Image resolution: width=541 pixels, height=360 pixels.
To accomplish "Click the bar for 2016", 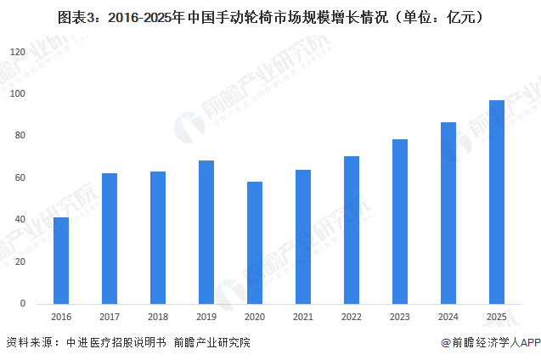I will point(61,261).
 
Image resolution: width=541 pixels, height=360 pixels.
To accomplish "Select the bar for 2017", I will point(110,239).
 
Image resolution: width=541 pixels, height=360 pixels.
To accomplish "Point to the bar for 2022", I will point(352,230).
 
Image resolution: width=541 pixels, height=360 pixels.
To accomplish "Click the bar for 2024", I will point(448,213).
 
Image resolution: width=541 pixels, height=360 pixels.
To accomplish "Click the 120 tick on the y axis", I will point(18,53).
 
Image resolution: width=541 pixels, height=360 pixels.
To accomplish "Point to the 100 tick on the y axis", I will point(18,94).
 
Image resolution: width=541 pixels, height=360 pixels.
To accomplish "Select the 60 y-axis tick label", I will point(20,178).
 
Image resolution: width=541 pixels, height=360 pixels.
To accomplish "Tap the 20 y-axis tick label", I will point(20,262).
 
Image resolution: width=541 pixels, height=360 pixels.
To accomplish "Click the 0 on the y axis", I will point(23,304).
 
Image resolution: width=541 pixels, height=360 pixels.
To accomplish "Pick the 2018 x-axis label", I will point(158,317).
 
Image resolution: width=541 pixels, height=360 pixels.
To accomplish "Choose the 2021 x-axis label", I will point(303,317).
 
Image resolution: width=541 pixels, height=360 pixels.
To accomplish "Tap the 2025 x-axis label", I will point(497,317).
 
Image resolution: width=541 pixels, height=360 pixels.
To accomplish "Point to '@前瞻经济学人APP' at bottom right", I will point(490,343).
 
